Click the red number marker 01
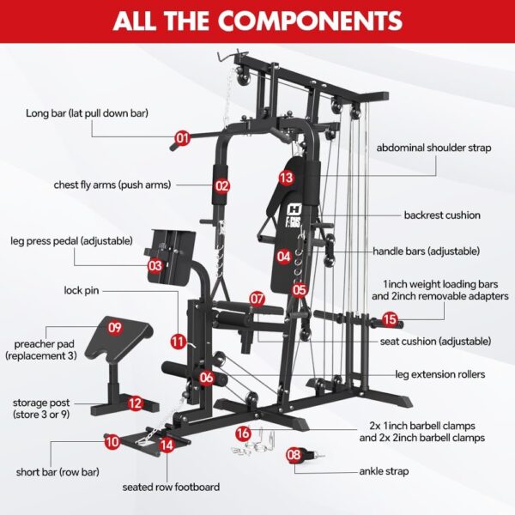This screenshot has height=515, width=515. click(182, 137)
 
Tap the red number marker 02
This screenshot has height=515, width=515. click(222, 185)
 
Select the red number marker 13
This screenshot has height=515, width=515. click(286, 178)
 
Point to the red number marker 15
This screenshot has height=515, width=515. click(391, 319)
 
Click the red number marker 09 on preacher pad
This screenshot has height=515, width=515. click(115, 327)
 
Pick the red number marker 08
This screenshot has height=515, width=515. click(294, 455)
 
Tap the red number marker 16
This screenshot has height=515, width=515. click(243, 433)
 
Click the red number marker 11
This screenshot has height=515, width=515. click(178, 341)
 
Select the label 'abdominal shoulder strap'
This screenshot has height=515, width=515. click(433, 148)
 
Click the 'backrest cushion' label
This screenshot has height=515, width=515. click(442, 215)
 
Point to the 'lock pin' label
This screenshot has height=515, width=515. click(84, 291)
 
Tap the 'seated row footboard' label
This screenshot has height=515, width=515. click(170, 487)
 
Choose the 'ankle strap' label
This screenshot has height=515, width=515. click(385, 471)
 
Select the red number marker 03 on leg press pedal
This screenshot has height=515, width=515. click(154, 266)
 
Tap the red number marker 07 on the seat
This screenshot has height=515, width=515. click(257, 299)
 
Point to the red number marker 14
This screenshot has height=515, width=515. click(166, 445)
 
